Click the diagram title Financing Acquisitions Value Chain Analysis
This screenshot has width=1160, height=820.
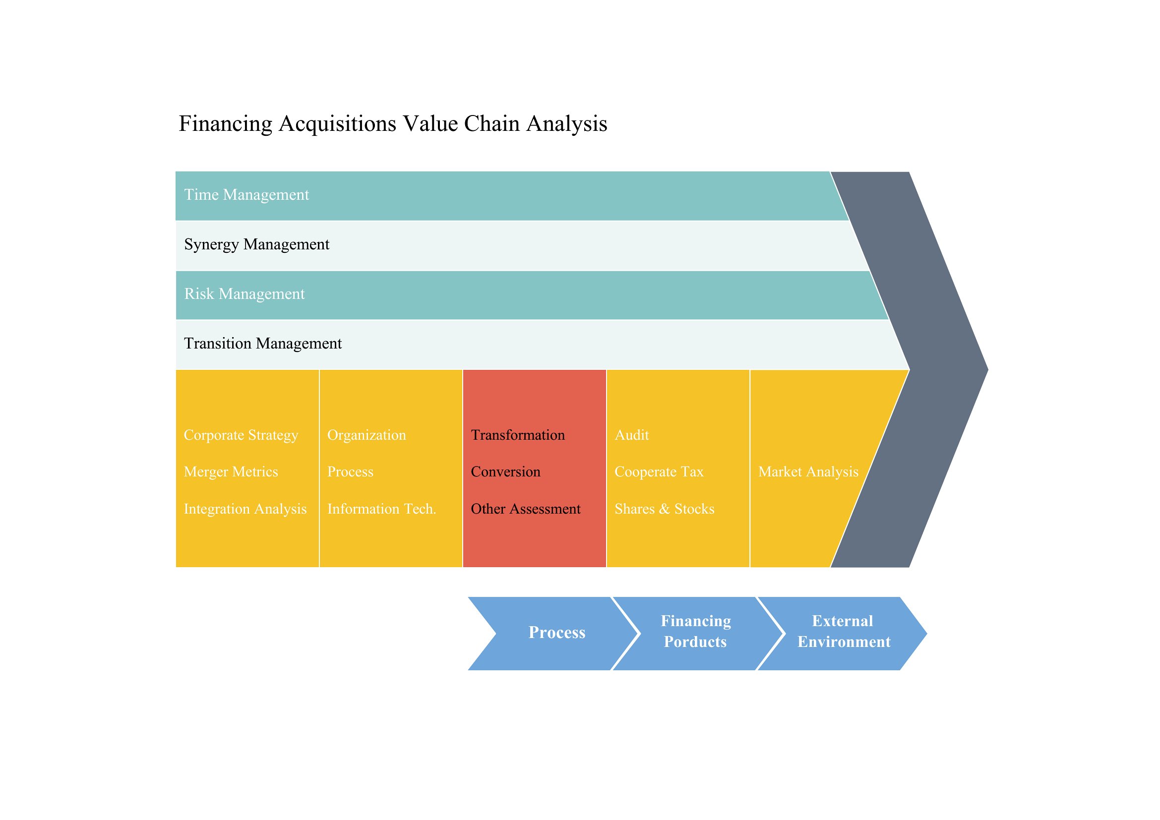393,124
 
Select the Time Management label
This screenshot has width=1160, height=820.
246,195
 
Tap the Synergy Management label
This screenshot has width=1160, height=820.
257,244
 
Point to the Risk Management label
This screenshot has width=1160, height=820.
244,294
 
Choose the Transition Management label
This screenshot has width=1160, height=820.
263,344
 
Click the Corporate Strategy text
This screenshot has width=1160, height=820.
241,435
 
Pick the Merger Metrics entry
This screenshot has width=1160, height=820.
231,472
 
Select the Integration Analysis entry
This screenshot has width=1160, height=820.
245,509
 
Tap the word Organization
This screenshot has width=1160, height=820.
367,435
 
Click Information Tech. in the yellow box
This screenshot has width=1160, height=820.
381,509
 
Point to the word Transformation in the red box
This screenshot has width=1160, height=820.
518,435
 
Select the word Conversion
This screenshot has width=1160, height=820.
506,472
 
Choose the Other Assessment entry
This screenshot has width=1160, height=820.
525,509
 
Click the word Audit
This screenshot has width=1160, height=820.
631,435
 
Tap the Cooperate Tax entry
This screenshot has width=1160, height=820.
659,472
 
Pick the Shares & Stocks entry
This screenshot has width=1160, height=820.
665,509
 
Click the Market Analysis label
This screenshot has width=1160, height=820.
808,472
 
